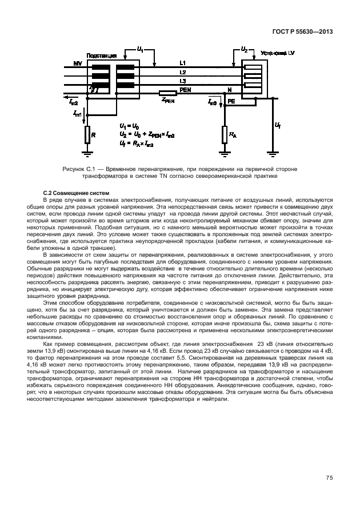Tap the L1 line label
coord(182,62)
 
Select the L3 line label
coord(182,81)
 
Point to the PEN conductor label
coord(185,90)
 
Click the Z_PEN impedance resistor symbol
coord(167,93)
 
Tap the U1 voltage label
coord(141,50)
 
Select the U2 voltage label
coord(244,50)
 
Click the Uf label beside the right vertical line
coord(278,124)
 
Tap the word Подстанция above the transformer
coord(102,55)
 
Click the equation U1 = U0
coord(130,125)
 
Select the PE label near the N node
coord(231,100)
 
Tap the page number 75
coord(330,477)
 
